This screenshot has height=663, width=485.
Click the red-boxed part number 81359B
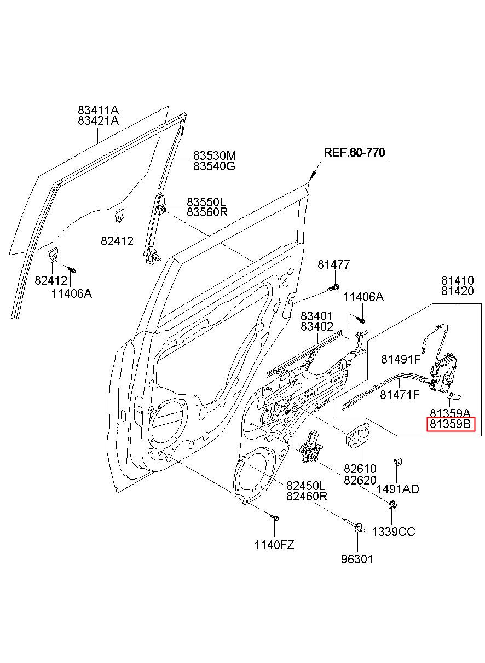point(450,424)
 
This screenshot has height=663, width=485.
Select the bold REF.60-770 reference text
point(354,152)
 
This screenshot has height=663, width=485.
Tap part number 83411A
point(98,111)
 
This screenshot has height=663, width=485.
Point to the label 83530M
point(215,155)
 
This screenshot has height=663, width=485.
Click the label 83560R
point(207,212)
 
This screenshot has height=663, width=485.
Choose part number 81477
point(334,264)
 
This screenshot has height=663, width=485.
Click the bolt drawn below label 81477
point(333,287)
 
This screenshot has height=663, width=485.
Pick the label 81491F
point(401,359)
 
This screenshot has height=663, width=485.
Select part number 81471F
point(400,395)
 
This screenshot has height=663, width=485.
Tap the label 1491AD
point(398,489)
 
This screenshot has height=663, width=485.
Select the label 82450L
point(306,486)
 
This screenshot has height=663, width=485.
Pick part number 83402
point(317,326)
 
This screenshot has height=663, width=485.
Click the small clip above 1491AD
point(398,462)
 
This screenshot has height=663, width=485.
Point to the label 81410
point(458,280)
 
